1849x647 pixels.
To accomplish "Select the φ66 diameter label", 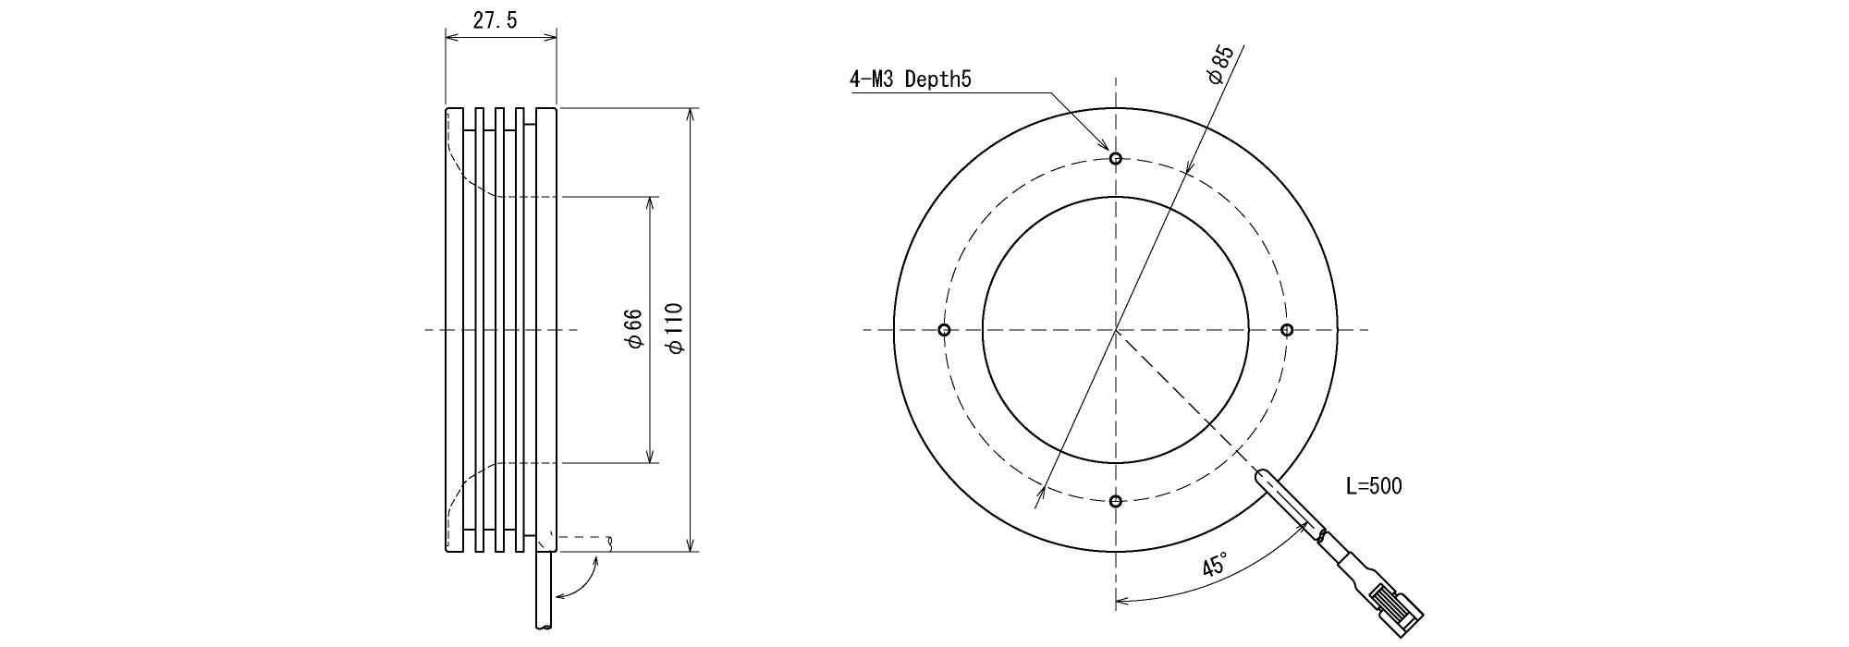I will (634, 330).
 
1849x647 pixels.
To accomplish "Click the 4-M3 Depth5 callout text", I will (910, 79).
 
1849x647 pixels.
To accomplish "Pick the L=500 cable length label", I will (1373, 486).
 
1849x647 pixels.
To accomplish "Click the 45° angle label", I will (1216, 564).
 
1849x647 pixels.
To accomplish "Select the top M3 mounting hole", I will (1116, 159).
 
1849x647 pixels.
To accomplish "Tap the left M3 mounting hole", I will (944, 330).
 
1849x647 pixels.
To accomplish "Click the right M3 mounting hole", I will (1287, 330).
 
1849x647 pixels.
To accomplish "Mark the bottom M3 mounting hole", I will (1116, 501).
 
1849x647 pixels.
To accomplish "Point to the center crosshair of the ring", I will (1116, 330).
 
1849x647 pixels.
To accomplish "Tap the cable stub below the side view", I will (545, 592).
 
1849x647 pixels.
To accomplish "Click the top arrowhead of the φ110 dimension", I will (691, 116).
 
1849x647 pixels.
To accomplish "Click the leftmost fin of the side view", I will (453, 330).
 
